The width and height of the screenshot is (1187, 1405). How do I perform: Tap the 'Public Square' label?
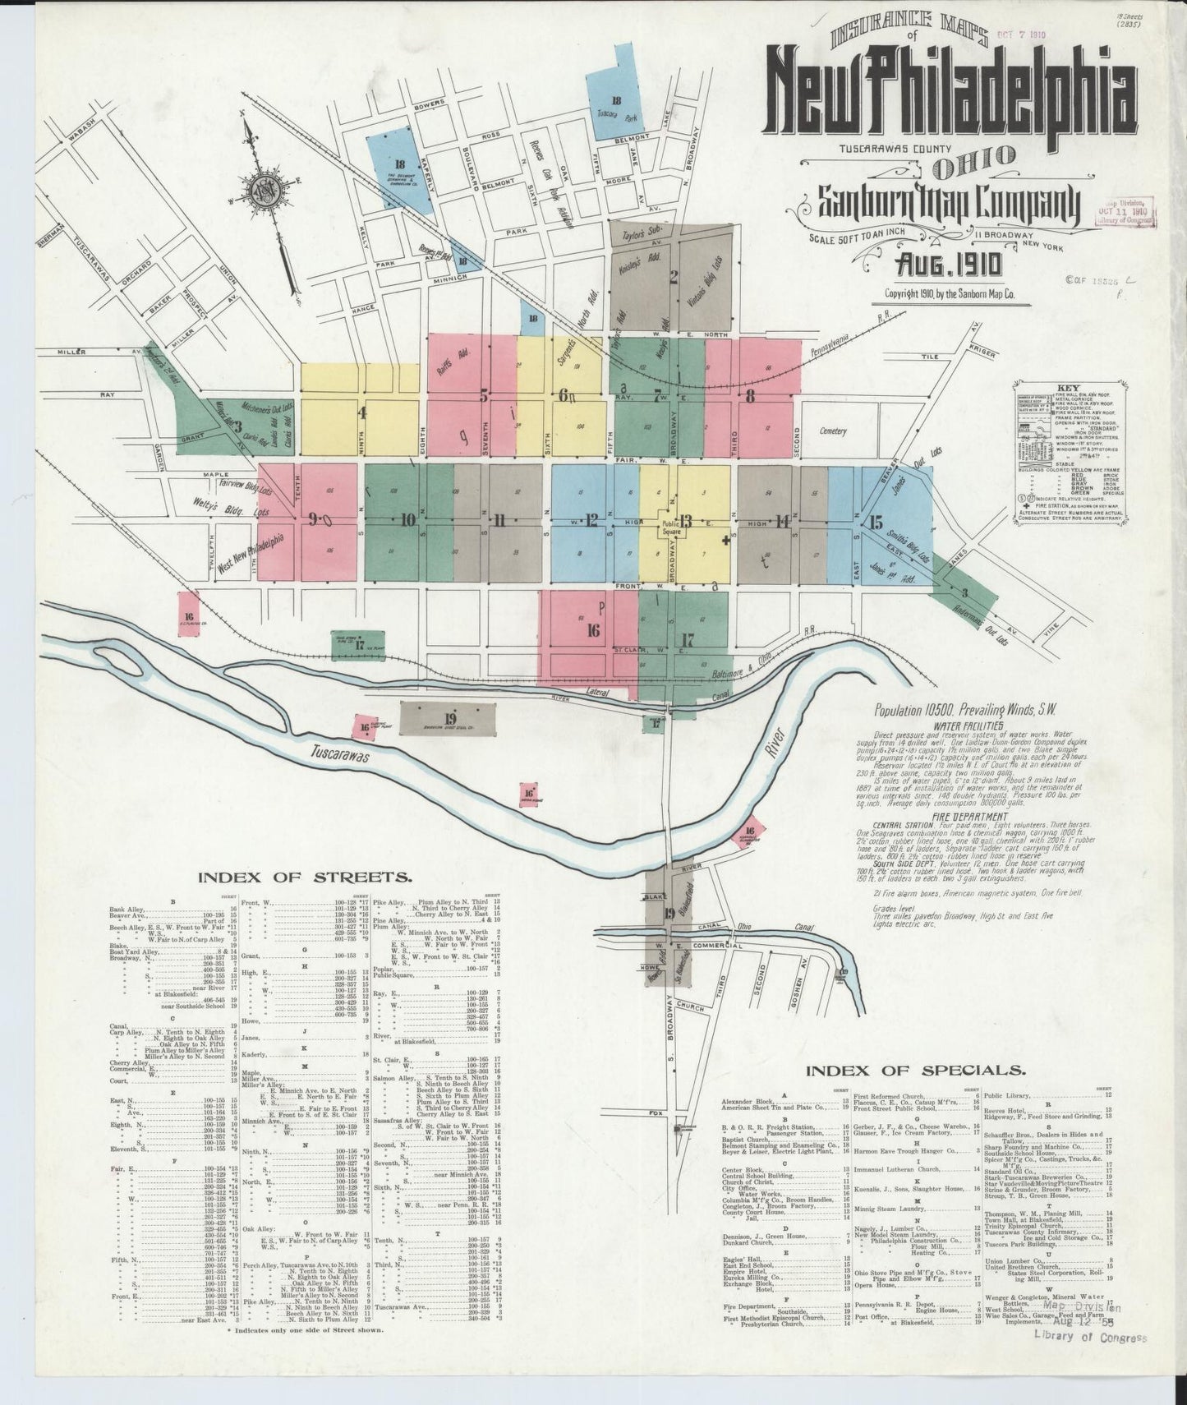pyautogui.click(x=679, y=530)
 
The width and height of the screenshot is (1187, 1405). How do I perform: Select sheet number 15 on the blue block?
pyautogui.click(x=876, y=522)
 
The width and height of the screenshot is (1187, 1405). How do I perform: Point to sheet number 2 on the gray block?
pyautogui.click(x=673, y=275)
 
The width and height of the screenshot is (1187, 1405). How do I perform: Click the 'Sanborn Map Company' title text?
pyautogui.click(x=936, y=201)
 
